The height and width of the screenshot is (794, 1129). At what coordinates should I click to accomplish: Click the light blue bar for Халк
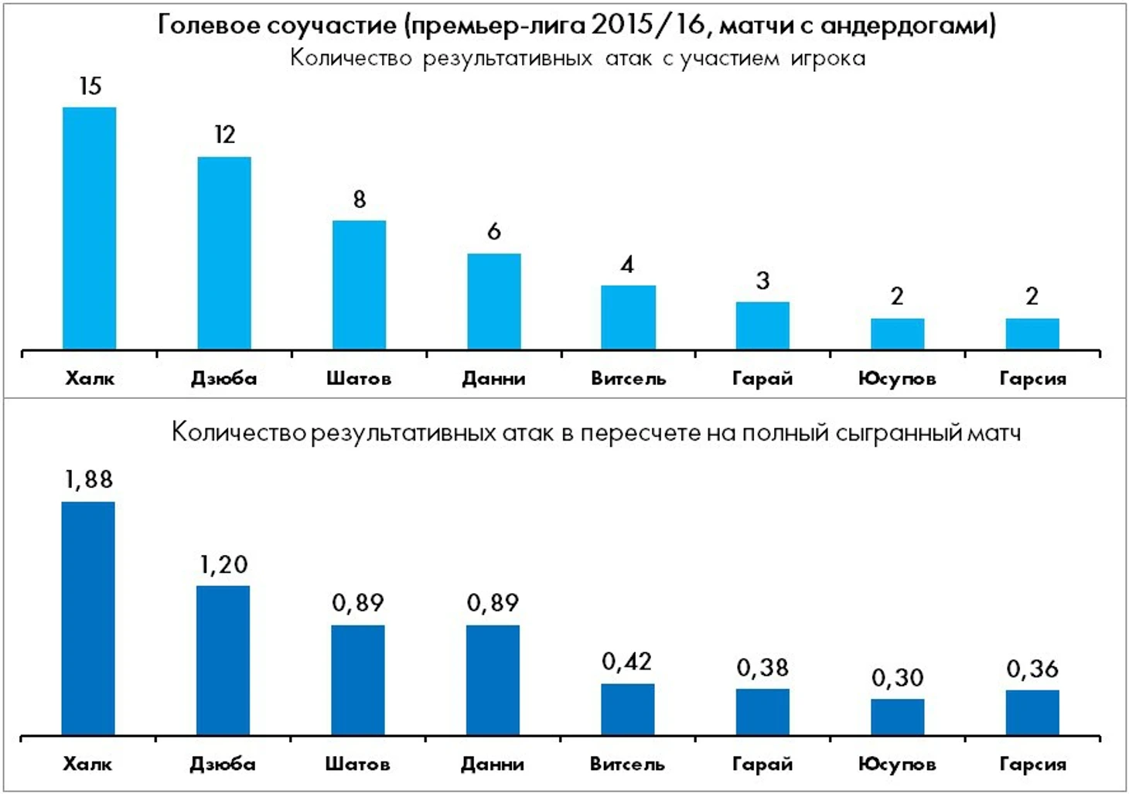coord(89,228)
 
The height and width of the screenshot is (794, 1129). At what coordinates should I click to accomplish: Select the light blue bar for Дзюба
coord(224,253)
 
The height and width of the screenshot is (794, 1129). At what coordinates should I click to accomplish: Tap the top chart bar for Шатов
coord(359,285)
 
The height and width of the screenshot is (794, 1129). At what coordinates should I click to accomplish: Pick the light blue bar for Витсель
coord(628,317)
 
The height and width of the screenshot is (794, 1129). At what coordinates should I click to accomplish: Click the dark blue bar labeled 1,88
coord(88,618)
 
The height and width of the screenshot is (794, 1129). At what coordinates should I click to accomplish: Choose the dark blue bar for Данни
coord(493,680)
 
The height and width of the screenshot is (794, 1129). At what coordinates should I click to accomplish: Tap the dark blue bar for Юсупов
coord(897,717)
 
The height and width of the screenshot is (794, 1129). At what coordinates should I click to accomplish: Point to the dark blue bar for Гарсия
coord(1032,712)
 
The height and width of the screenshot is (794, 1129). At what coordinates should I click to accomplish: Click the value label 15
coord(90,86)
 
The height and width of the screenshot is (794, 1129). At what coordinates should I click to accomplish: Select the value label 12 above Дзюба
coord(225,135)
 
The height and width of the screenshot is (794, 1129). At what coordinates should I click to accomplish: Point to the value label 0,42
coord(626,662)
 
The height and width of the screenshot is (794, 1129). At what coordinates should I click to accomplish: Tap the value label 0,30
coord(897,678)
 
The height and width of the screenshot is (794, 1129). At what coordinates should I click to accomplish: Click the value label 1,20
coord(223,565)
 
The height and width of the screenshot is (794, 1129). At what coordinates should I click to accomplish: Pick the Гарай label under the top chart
coord(762,379)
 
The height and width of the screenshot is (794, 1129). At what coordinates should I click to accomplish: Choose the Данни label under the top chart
coord(493,379)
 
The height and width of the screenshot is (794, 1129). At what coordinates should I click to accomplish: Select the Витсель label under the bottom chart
coord(627,765)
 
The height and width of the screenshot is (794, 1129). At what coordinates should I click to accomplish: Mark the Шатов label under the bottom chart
coord(357,765)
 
